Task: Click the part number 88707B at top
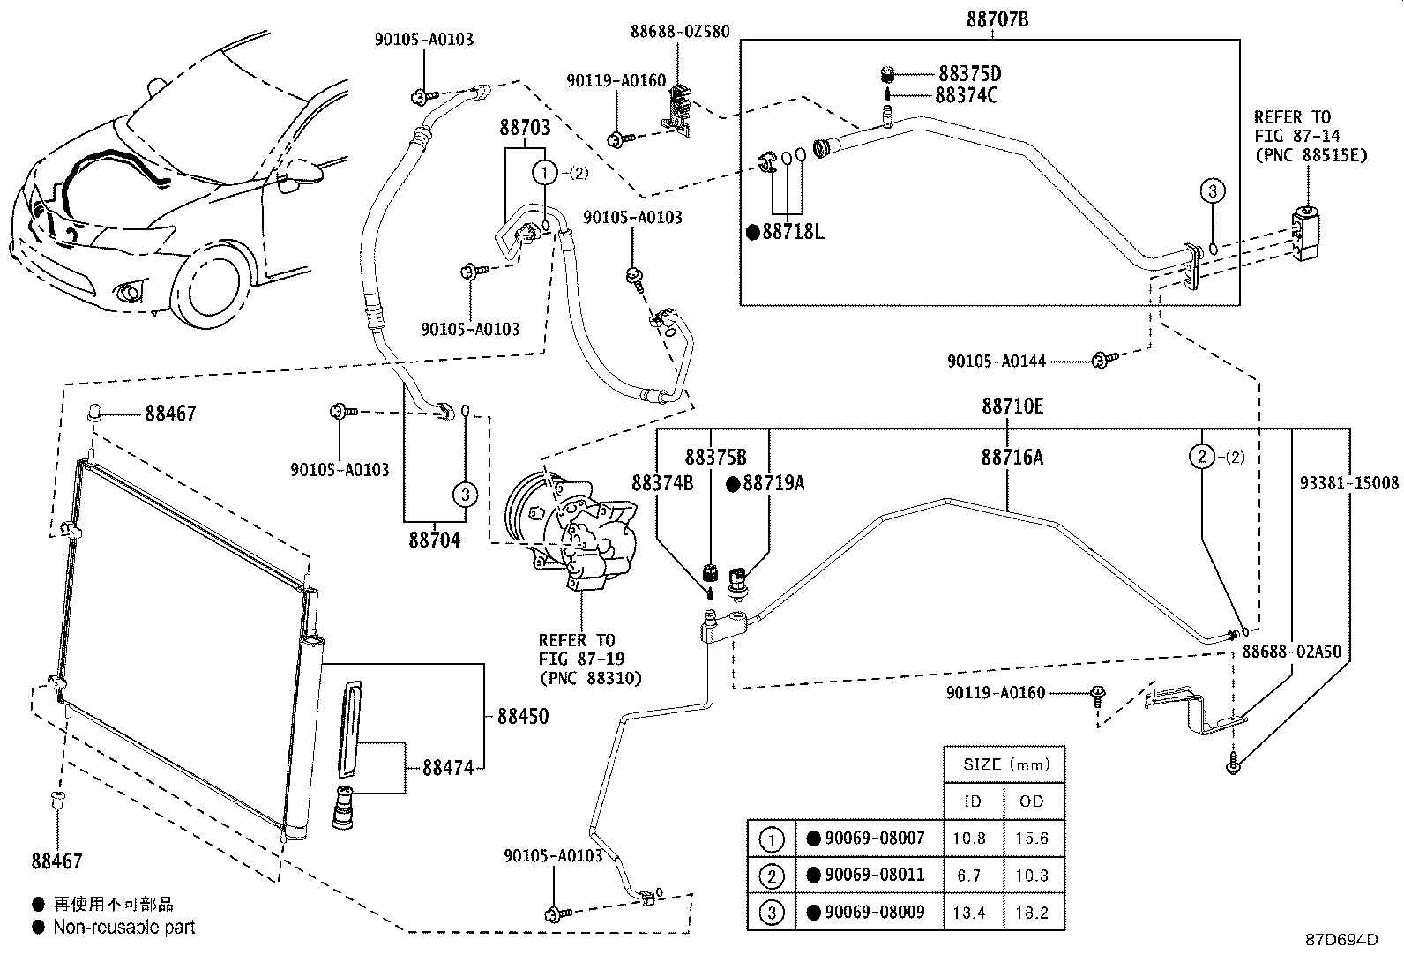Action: point(997,20)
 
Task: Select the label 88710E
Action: point(1012,406)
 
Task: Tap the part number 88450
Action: point(522,717)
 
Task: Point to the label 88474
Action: point(448,768)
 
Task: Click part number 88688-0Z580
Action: point(680,32)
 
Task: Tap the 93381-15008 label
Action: point(1349,483)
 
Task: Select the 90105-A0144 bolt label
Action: point(997,361)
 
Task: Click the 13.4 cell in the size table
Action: point(969,913)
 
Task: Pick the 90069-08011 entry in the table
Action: point(873,876)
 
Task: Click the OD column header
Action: point(1031,801)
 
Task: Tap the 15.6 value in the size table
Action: point(1031,839)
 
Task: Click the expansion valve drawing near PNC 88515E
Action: point(1308,233)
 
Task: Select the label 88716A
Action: point(1012,457)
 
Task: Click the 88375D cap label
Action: point(969,74)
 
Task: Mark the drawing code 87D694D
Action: point(1341,940)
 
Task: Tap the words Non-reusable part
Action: point(124,927)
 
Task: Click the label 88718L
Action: point(792,232)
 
